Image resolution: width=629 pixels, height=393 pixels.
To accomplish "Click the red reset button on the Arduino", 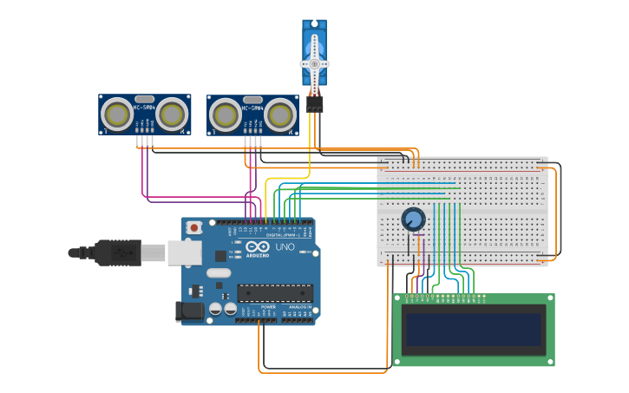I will click(x=195, y=227).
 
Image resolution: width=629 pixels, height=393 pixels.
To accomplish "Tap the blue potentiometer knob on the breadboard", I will click(x=414, y=219).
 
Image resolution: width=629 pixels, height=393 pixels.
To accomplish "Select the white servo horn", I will click(x=314, y=63).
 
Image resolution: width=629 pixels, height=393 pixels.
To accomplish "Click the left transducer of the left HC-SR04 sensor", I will click(x=117, y=114).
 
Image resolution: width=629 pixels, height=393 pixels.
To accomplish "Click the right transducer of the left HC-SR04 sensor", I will click(x=173, y=114).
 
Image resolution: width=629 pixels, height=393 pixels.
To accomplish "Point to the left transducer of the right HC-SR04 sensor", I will click(x=226, y=115).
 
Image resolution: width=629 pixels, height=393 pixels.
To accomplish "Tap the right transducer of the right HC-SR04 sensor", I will click(x=281, y=115).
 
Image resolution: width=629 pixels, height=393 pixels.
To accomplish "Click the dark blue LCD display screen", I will click(x=473, y=330).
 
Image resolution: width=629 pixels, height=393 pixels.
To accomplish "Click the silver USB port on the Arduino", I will click(x=184, y=252).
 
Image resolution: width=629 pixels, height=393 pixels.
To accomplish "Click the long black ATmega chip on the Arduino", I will click(x=275, y=293).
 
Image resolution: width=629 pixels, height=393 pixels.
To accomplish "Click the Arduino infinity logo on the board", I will click(x=258, y=246).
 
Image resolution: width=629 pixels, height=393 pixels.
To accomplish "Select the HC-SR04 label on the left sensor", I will click(x=144, y=108).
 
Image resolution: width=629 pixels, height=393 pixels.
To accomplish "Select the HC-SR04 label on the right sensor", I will click(x=252, y=108).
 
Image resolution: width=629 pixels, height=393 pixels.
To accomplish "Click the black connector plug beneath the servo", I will click(x=314, y=103).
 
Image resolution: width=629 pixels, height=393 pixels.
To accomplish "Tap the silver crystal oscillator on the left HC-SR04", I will click(x=145, y=99).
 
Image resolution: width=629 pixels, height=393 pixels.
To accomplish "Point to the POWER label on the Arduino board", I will click(x=268, y=307).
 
